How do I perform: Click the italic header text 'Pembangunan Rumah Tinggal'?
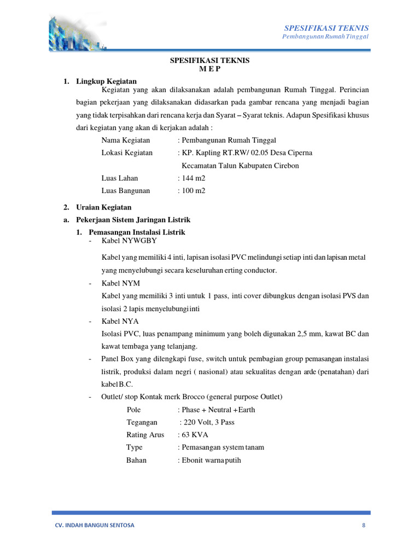pos(325,37)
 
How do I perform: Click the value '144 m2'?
pos(190,178)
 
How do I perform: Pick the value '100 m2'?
pos(190,191)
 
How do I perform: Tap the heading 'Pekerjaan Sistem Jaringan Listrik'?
pos(132,220)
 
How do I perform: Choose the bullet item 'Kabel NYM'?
pos(121,283)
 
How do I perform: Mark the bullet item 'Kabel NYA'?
pos(120,321)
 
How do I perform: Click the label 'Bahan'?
pos(136,460)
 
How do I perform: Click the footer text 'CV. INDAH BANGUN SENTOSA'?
pos(93,525)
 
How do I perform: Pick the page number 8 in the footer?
pos(364,525)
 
